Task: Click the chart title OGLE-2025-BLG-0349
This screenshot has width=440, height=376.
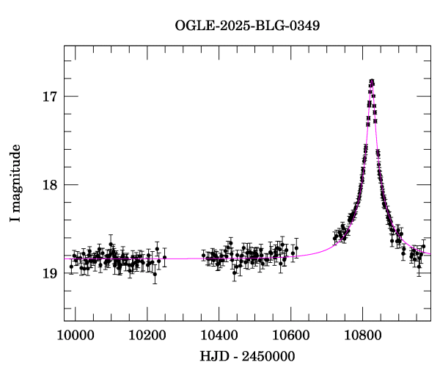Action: pyautogui.click(x=247, y=26)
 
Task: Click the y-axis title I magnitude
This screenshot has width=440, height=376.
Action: pyautogui.click(x=15, y=184)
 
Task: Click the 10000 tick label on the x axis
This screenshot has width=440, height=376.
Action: pyautogui.click(x=76, y=335)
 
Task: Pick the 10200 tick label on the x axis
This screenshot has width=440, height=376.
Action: pyautogui.click(x=147, y=335)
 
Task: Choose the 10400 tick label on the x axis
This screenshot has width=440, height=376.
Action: pyautogui.click(x=219, y=335)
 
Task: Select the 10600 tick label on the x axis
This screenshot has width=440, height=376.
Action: pyautogui.click(x=290, y=335)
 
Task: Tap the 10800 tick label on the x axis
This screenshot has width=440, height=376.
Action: pyautogui.click(x=362, y=335)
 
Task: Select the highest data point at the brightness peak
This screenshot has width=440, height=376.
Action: pyautogui.click(x=372, y=81)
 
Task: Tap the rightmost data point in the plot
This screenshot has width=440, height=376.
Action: pyautogui.click(x=423, y=247)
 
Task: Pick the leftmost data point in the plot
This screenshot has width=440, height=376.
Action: pyautogui.click(x=71, y=267)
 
